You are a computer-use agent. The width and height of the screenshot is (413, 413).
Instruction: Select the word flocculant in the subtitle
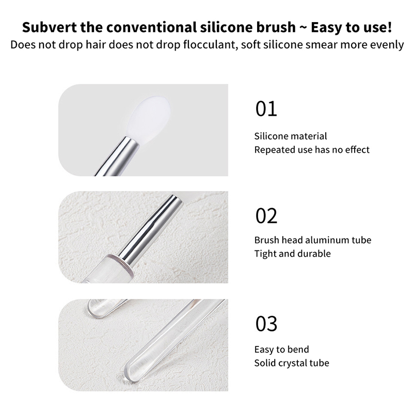[x=209, y=44]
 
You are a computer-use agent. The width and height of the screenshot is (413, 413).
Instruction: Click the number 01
[x=266, y=108]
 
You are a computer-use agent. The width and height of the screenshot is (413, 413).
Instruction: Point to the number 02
[x=266, y=216]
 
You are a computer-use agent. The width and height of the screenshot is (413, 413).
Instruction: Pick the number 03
[x=266, y=324]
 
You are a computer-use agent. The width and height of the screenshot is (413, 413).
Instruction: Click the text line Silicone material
[x=291, y=136]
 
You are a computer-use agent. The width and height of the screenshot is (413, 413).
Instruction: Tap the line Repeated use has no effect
[x=312, y=150]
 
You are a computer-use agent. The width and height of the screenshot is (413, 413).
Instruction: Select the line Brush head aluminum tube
[x=313, y=240]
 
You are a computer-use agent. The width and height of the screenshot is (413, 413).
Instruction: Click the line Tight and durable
[x=292, y=253]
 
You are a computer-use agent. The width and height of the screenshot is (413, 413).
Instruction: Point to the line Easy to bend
[x=281, y=350]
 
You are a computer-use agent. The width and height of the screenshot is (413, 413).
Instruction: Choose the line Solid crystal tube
[x=292, y=363]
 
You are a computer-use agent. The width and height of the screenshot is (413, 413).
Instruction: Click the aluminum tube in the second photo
[x=150, y=230]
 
